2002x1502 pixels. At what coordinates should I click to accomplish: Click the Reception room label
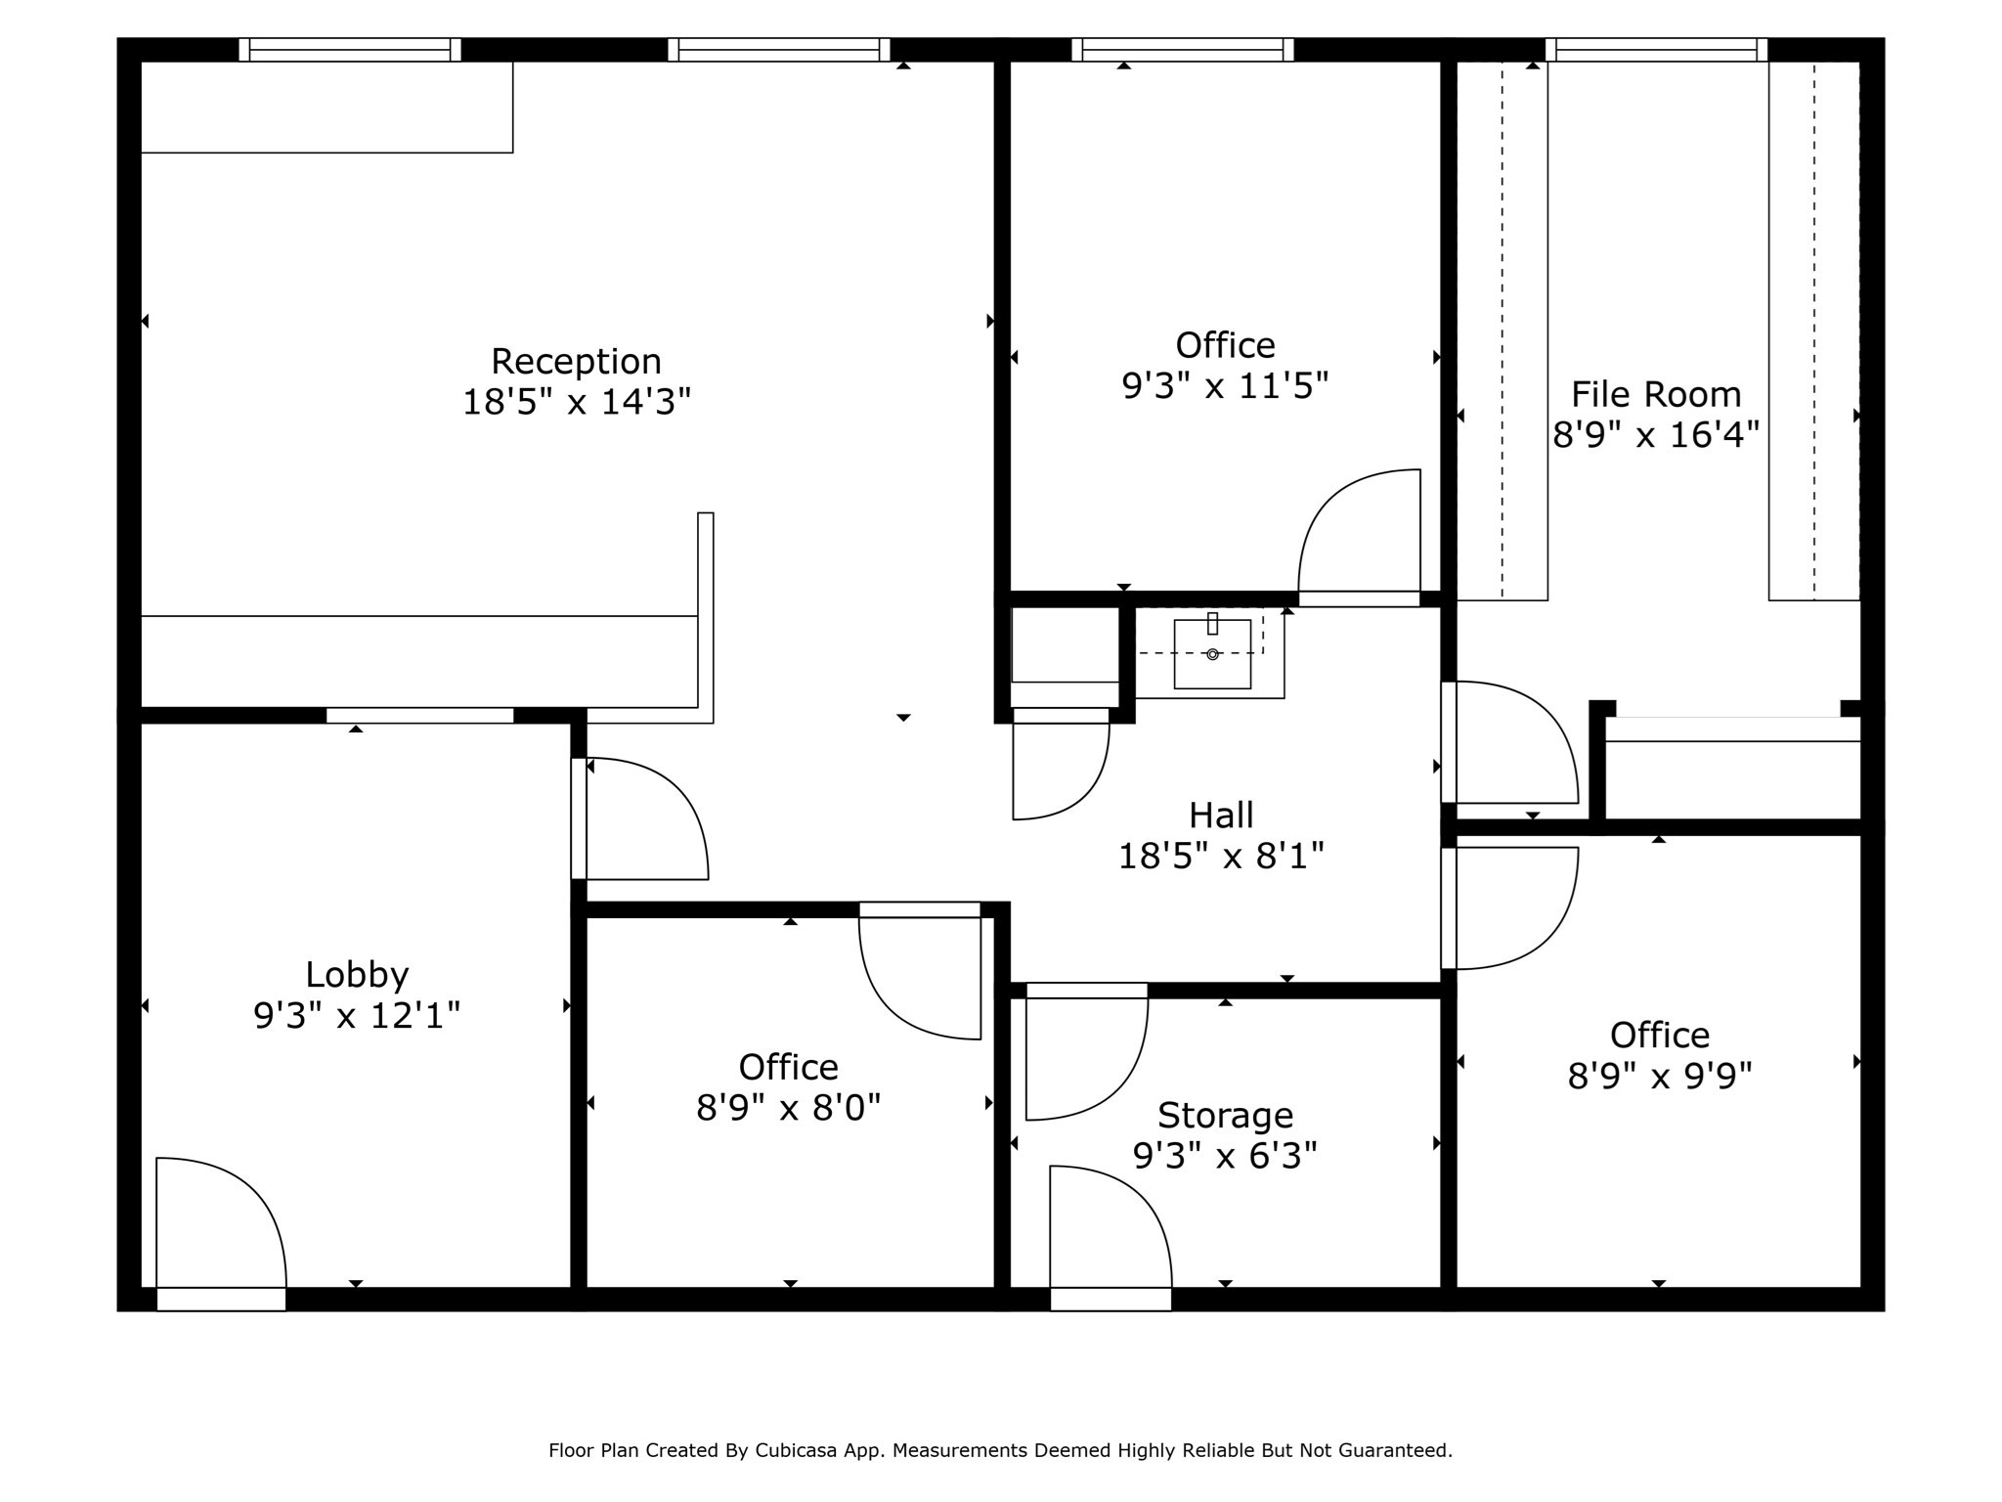click(576, 361)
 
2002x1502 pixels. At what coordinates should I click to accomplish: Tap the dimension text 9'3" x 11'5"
click(1225, 386)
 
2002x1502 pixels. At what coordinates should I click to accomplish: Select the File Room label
click(1656, 394)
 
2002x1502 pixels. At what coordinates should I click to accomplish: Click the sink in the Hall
click(1212, 653)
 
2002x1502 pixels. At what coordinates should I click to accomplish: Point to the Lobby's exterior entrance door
click(220, 1232)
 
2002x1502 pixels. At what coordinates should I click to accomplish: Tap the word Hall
click(1221, 815)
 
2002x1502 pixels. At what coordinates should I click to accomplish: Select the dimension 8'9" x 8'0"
click(788, 1108)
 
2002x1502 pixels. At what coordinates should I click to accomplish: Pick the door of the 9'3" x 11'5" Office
click(1359, 538)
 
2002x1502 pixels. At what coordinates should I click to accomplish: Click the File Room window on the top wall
click(1657, 50)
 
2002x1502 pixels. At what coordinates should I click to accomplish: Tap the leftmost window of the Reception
click(350, 50)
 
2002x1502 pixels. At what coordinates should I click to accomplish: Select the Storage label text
click(1225, 1115)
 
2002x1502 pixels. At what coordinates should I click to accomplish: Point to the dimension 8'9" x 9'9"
click(1659, 1077)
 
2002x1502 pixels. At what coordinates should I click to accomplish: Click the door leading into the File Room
click(1510, 743)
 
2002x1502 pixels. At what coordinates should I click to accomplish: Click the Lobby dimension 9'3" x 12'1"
click(357, 1016)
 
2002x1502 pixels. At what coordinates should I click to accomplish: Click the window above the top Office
click(1183, 50)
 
